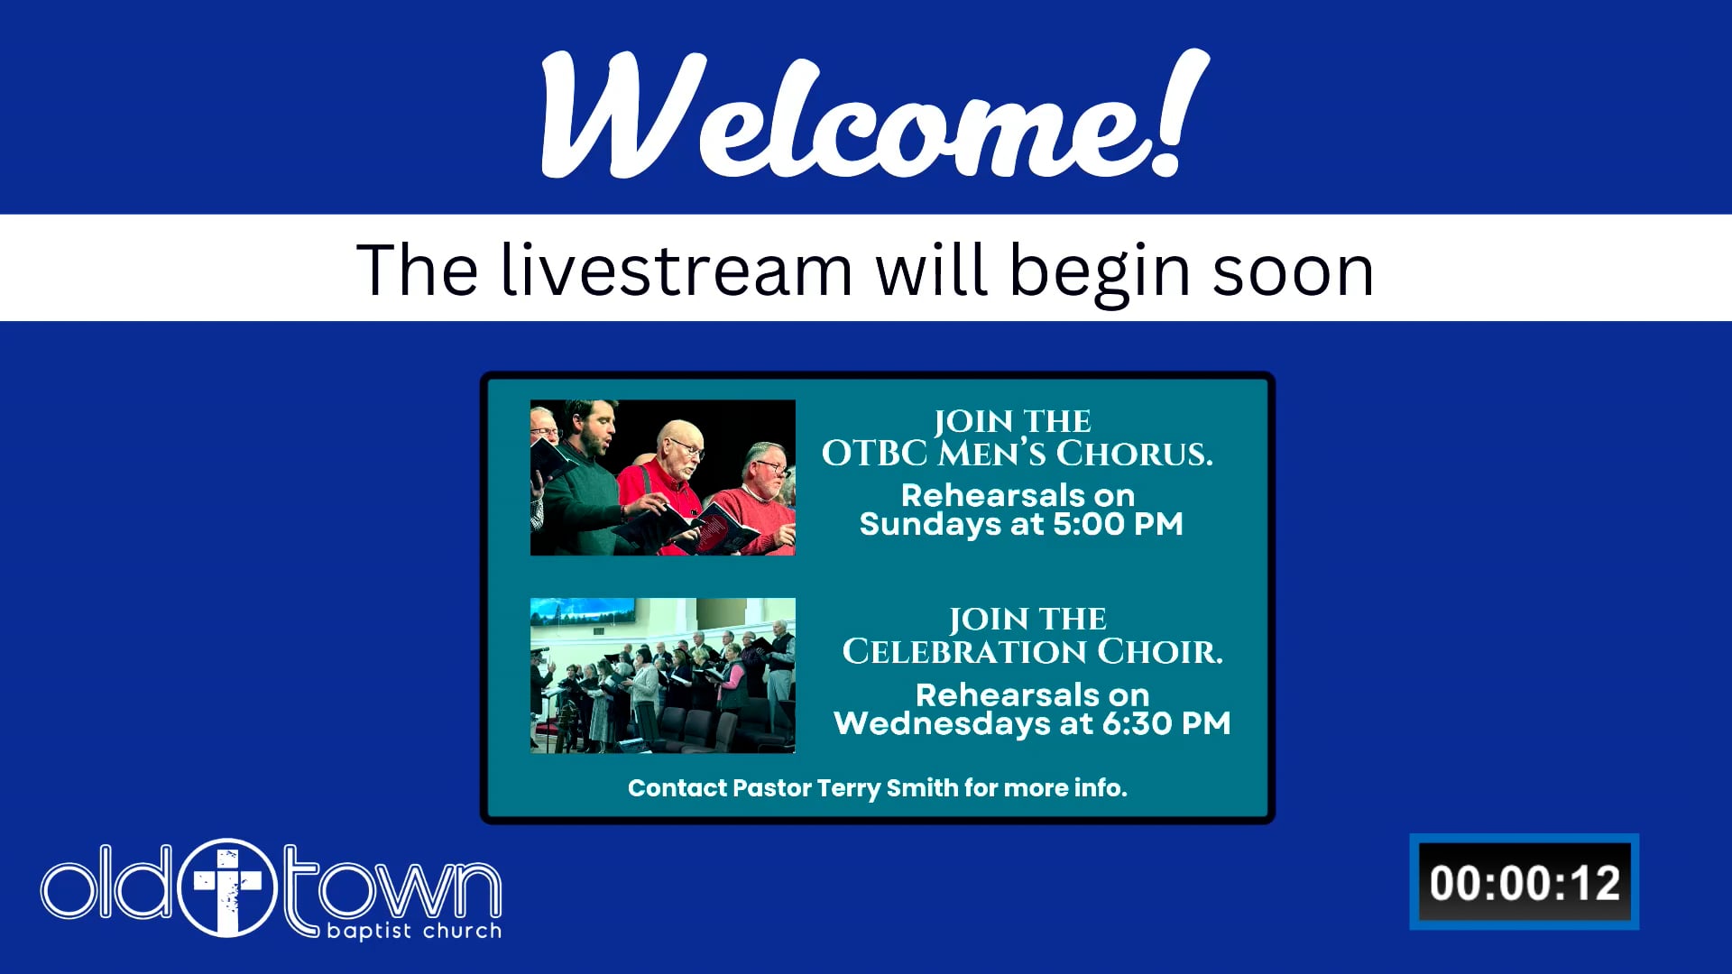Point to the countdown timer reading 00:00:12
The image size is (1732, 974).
coord(1525,882)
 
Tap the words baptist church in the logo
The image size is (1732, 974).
coord(414,930)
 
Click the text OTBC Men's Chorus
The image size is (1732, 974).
coord(1017,453)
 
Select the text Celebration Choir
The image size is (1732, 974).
coord(1032,651)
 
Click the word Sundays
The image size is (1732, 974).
coord(929,524)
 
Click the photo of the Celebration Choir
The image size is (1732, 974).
coord(663,675)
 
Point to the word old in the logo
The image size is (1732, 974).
coord(106,884)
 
